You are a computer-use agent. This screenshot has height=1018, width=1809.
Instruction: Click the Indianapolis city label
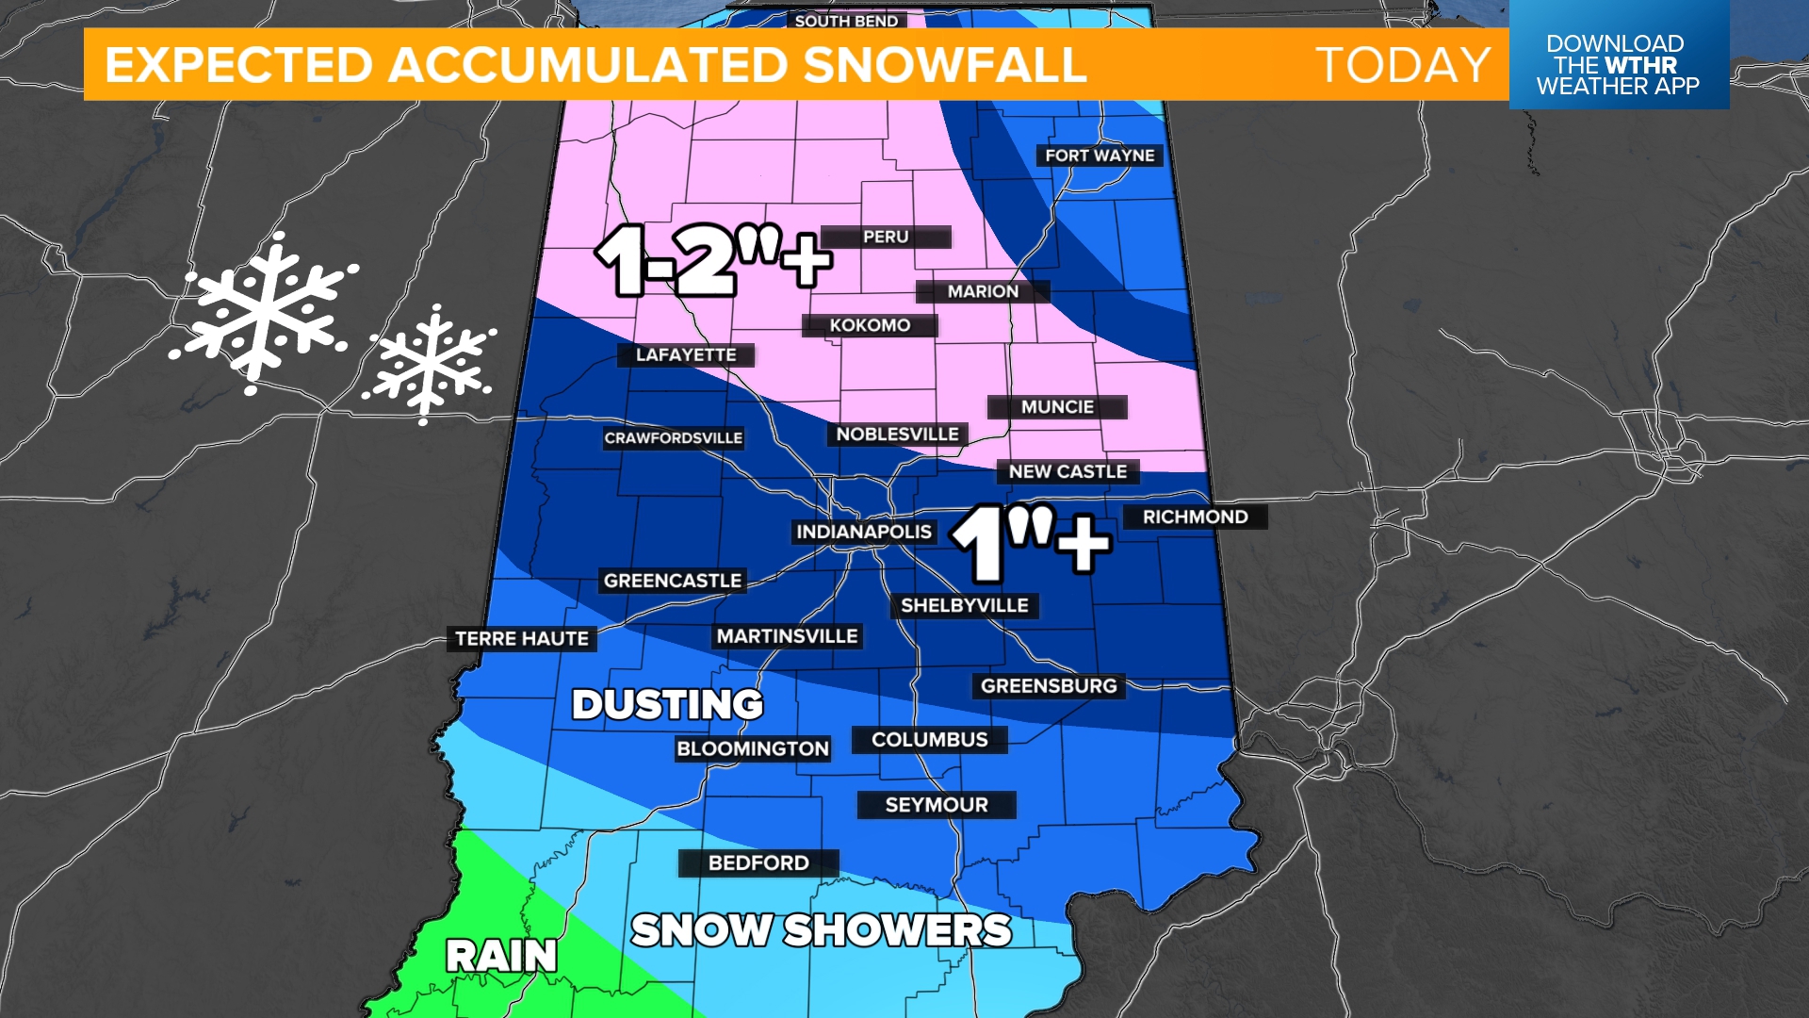point(863,532)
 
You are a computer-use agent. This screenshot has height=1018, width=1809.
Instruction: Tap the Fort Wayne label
point(1100,156)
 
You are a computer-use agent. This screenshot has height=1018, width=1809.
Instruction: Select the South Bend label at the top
point(846,20)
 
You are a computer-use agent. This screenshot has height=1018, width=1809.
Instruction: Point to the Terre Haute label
point(522,639)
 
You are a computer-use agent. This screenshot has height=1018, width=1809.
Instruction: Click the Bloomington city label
point(753,748)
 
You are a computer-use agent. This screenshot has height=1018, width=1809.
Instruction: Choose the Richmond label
point(1195,517)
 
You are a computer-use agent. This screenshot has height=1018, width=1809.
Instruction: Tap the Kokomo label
point(870,325)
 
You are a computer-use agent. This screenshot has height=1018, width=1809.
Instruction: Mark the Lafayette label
point(686,355)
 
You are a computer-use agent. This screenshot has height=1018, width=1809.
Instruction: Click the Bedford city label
point(758,862)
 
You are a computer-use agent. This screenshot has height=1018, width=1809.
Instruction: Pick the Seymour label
point(937,805)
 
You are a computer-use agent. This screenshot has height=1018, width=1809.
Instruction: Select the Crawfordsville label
point(673,438)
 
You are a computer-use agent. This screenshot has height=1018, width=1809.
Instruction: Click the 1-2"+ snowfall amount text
point(713,260)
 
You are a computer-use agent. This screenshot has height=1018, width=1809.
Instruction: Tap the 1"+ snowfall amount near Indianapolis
point(1031,543)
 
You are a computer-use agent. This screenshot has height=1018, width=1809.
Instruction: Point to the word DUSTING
point(667,704)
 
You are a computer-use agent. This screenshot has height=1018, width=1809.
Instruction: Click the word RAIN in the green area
point(501,956)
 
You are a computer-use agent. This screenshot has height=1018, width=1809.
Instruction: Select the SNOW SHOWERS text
point(821,930)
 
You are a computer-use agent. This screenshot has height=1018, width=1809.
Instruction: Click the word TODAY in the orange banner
point(1403,65)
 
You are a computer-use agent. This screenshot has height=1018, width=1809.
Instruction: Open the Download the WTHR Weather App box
point(1618,57)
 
